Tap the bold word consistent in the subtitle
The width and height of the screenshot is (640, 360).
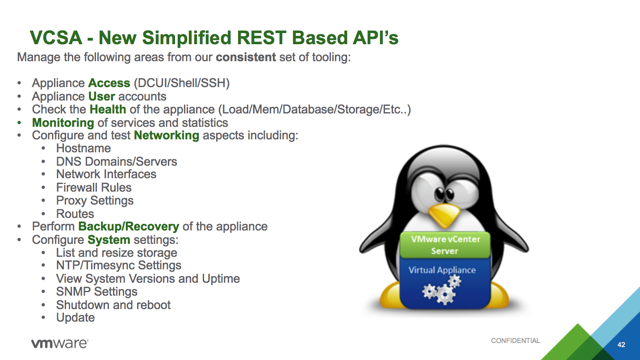click(x=246, y=57)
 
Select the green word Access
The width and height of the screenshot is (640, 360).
click(x=109, y=83)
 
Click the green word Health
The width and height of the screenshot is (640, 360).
click(x=108, y=109)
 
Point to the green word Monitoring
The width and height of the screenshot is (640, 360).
click(x=63, y=123)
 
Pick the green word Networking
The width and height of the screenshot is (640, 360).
click(x=167, y=135)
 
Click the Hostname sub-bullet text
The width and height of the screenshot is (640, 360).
click(x=83, y=148)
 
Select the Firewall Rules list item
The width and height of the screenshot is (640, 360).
click(x=94, y=188)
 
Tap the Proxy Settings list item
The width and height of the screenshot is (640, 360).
click(x=95, y=201)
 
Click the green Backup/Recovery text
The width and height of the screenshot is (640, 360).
click(x=129, y=226)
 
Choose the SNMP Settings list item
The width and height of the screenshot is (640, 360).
click(x=96, y=292)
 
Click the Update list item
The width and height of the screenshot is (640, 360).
click(x=75, y=318)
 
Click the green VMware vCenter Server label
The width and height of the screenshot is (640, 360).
click(x=445, y=245)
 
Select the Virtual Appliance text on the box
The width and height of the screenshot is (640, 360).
click(x=442, y=270)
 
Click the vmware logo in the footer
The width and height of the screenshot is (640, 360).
click(x=59, y=343)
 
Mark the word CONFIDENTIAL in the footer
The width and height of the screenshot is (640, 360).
click(x=515, y=341)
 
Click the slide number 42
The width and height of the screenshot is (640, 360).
click(x=621, y=345)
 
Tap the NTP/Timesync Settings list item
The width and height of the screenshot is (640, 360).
click(x=118, y=265)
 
